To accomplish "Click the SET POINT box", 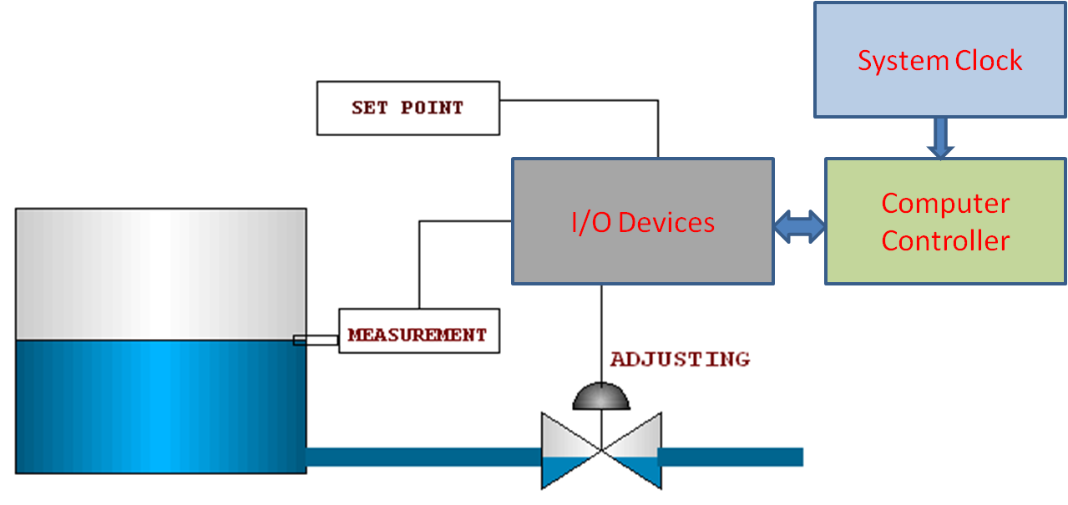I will pos(407,108).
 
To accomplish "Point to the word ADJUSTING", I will pos(680,359).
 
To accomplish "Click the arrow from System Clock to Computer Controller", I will pos(940,138).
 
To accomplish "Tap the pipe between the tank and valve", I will pos(422,457).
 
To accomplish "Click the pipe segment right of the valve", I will pos(731,457).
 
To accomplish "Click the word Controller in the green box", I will pos(945,241).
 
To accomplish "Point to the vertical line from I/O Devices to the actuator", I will pos(601,334).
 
